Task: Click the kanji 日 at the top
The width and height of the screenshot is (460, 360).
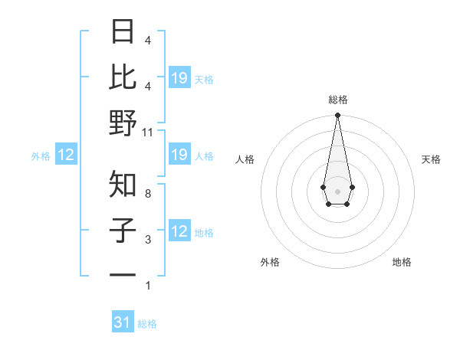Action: (123, 33)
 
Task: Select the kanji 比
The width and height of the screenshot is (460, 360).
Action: (123, 77)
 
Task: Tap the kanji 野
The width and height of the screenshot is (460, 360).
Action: (123, 123)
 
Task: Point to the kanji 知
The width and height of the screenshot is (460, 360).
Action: (123, 184)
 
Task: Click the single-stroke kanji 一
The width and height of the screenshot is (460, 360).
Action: (123, 273)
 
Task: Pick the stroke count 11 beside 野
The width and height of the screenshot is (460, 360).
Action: (148, 133)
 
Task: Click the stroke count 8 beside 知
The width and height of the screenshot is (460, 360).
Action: (148, 194)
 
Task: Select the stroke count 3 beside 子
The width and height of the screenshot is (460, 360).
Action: (148, 240)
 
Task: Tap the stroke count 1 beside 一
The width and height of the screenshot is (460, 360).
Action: (148, 286)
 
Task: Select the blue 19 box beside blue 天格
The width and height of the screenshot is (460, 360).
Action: (179, 78)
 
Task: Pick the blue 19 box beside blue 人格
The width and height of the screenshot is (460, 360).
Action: (179, 155)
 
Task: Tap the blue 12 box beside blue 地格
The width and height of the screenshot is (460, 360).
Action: (179, 232)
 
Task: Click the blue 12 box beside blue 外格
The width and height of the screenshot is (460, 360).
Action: (66, 155)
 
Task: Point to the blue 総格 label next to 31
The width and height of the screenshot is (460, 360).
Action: (147, 324)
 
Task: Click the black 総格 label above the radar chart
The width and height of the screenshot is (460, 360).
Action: (338, 100)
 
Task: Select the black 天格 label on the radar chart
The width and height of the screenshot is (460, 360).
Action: (431, 159)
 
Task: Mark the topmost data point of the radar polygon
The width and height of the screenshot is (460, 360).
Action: (337, 116)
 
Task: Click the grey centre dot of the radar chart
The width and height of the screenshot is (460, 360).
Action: (337, 191)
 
